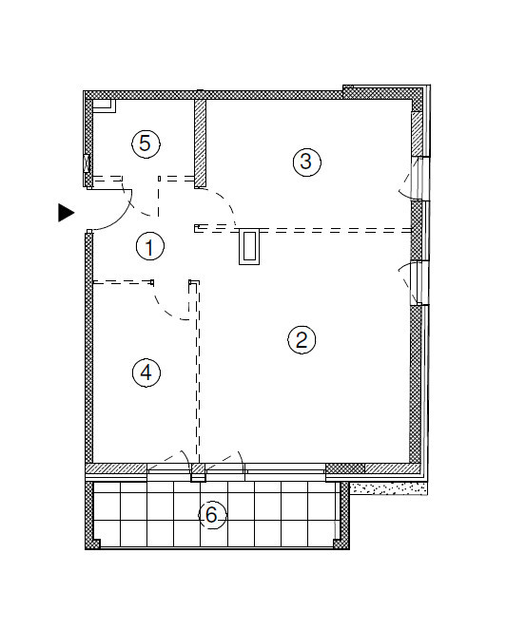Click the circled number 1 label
(x=150, y=246)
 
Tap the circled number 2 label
(x=302, y=339)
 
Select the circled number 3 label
(x=307, y=162)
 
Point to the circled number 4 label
(x=146, y=372)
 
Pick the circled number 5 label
(x=146, y=143)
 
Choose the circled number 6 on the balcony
(x=212, y=515)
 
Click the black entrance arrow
(x=67, y=213)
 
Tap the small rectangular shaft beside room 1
(x=249, y=247)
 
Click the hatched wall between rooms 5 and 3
(x=200, y=143)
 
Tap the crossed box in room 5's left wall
(x=87, y=163)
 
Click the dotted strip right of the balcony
(x=388, y=488)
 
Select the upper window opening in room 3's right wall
(x=419, y=179)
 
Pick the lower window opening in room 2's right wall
(x=419, y=283)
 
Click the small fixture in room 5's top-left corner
(x=105, y=105)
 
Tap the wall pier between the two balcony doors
(x=198, y=472)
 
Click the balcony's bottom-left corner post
(x=93, y=544)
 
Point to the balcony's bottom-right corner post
(x=341, y=544)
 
